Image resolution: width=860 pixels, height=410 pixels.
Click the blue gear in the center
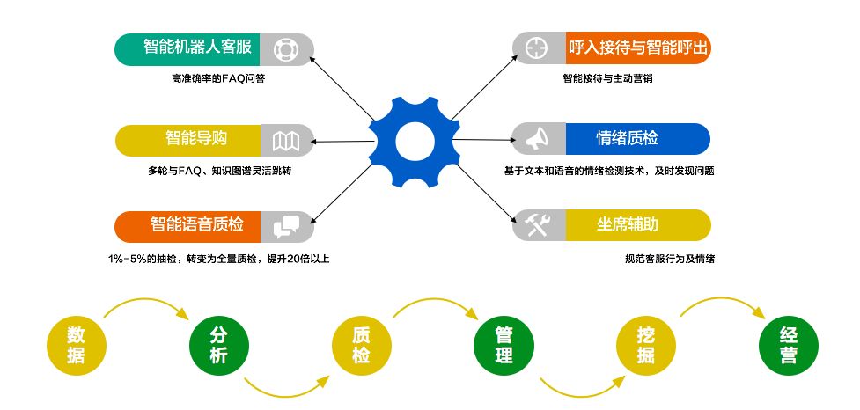pos(411,142)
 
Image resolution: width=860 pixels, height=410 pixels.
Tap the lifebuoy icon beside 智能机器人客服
pos(286,49)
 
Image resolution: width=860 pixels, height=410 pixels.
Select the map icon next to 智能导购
pos(286,140)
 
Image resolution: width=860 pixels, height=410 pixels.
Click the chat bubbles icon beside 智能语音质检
pos(286,226)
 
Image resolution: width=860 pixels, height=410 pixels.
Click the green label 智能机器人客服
pos(187,48)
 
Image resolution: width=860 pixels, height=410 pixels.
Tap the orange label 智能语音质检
pos(187,226)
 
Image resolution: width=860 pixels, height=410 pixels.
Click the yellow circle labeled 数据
pos(76,344)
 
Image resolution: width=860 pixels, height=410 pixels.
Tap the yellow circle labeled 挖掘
pos(645,344)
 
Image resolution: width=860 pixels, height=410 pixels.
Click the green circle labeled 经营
pos(788,344)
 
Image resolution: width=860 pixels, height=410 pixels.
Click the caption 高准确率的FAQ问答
pos(217,79)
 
